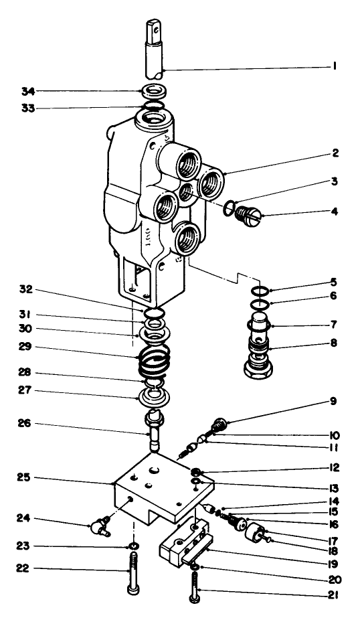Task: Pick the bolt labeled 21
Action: tap(194, 587)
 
